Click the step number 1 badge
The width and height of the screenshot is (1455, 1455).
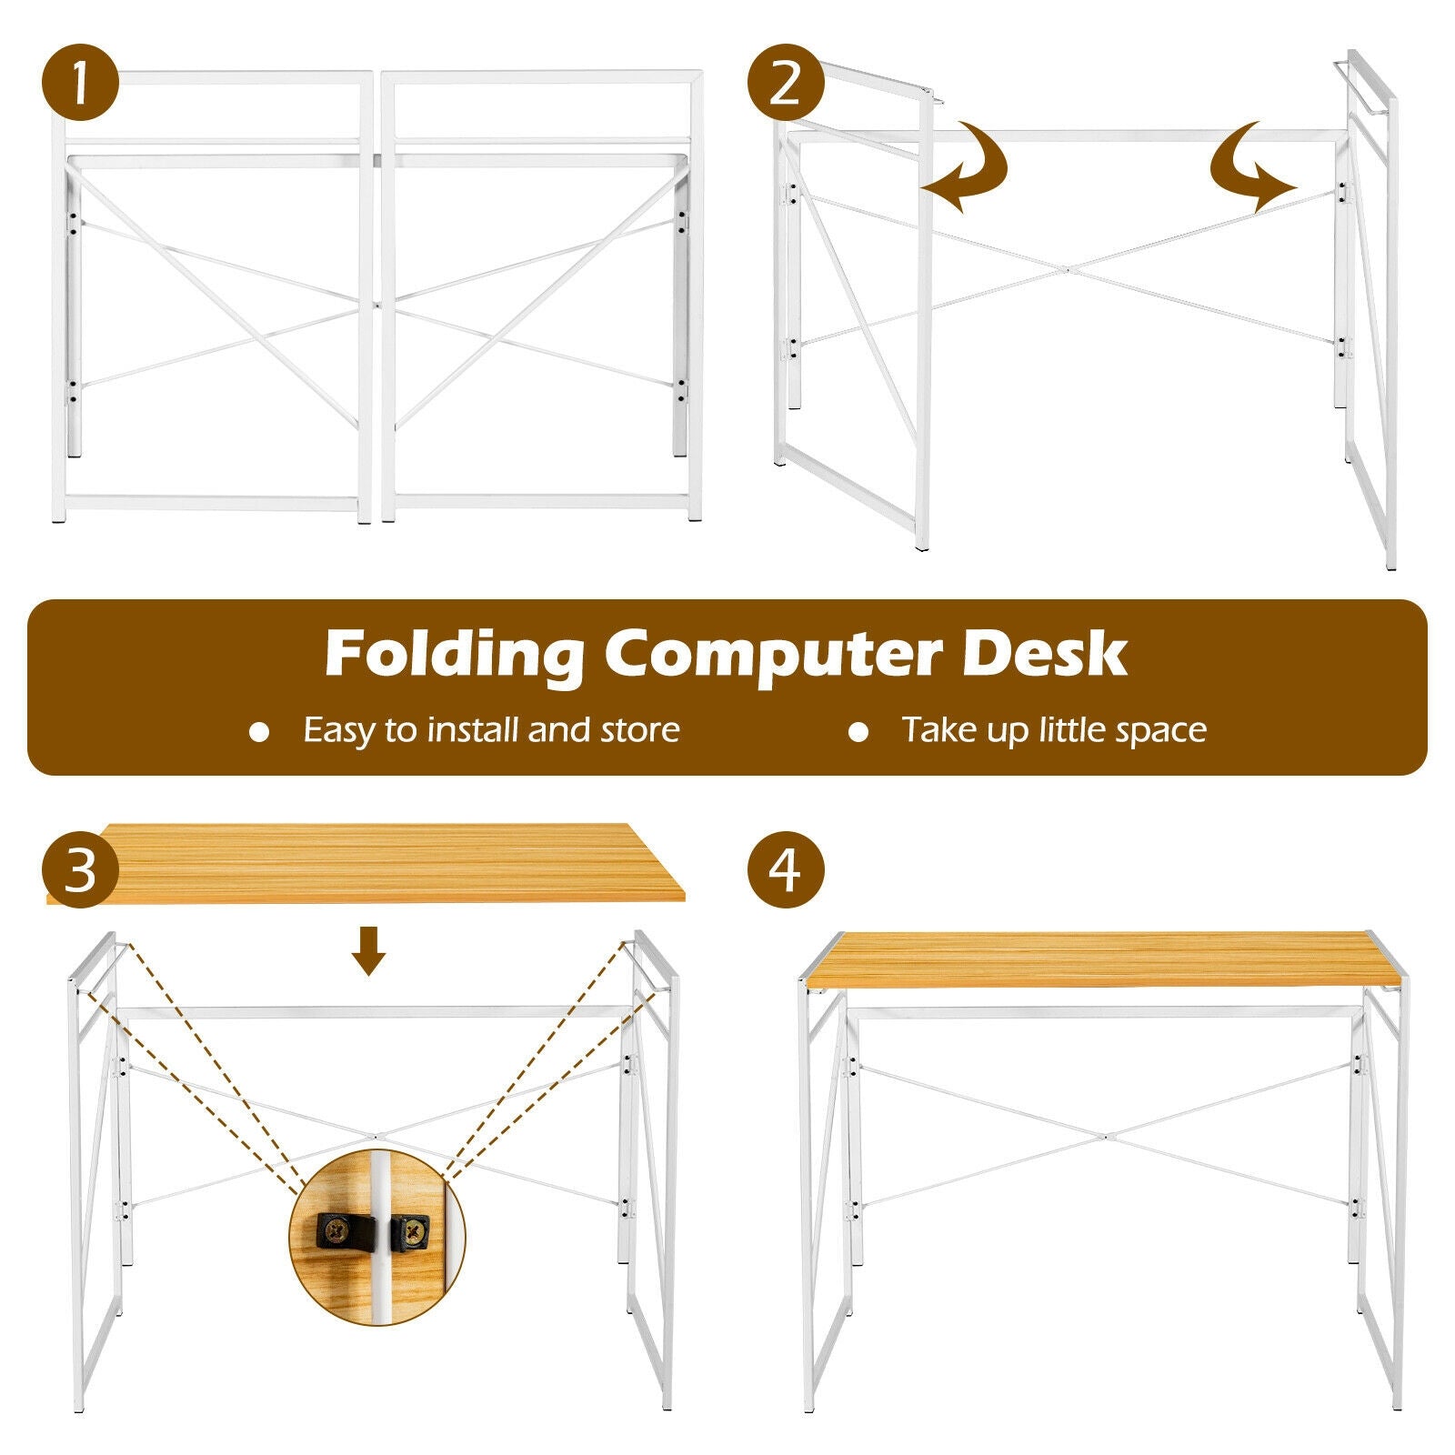80,83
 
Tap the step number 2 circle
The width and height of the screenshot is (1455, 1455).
786,83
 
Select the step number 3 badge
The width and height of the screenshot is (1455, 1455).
80,869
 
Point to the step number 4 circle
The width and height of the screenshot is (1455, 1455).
786,869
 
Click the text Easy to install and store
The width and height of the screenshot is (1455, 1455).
491,730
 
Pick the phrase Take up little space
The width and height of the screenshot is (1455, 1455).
1053,730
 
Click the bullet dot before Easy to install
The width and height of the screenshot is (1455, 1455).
260,732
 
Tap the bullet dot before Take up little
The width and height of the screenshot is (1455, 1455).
858,732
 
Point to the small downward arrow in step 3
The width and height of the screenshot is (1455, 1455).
368,950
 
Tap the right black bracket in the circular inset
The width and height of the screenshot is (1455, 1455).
410,1232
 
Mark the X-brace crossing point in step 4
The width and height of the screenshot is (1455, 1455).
1105,1136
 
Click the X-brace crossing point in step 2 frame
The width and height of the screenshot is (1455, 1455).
1066,269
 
